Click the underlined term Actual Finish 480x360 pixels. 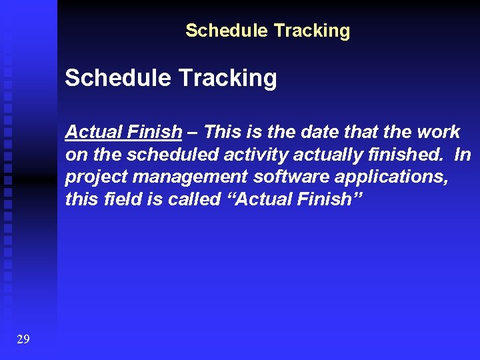click(x=123, y=132)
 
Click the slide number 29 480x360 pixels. click(x=23, y=339)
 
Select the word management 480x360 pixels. click(x=176, y=177)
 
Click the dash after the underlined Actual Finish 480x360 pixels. click(x=191, y=132)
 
